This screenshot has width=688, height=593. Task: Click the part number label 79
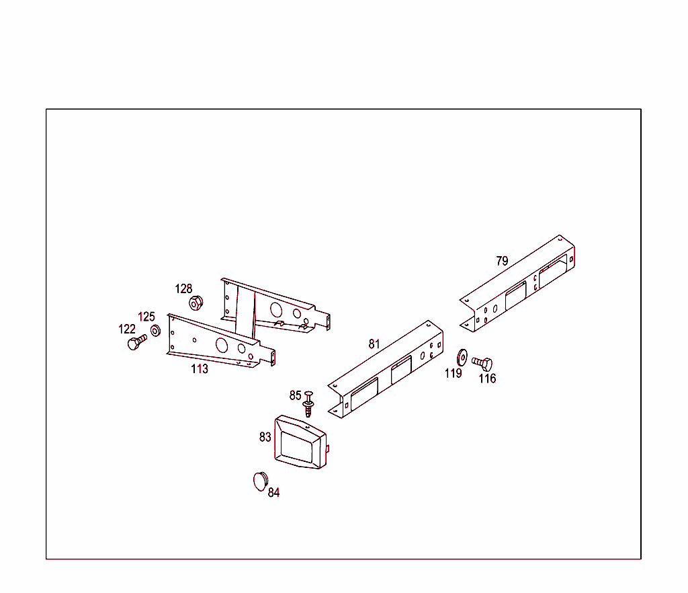pyautogui.click(x=502, y=261)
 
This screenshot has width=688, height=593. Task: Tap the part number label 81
pyautogui.click(x=374, y=344)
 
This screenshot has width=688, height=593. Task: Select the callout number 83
pyautogui.click(x=265, y=437)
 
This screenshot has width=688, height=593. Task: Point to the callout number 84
pyautogui.click(x=274, y=492)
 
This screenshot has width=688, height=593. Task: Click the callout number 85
pyautogui.click(x=296, y=395)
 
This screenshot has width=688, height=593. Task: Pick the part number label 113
pyautogui.click(x=200, y=368)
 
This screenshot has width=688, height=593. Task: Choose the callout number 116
pyautogui.click(x=487, y=379)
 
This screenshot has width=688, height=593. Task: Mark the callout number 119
pyautogui.click(x=454, y=373)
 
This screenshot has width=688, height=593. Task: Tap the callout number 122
pyautogui.click(x=127, y=329)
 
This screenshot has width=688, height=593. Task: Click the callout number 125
pyautogui.click(x=146, y=317)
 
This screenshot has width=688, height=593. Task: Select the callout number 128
pyautogui.click(x=184, y=288)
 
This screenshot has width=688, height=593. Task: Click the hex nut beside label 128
pyautogui.click(x=196, y=303)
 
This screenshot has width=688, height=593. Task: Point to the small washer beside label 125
pyautogui.click(x=155, y=331)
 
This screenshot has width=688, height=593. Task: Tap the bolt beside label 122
pyautogui.click(x=137, y=342)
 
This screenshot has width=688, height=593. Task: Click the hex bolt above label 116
pyautogui.click(x=482, y=364)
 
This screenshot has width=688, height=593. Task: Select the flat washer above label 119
pyautogui.click(x=462, y=357)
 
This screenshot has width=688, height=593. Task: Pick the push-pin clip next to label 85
pyautogui.click(x=308, y=404)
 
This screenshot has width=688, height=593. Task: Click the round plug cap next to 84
pyautogui.click(x=261, y=481)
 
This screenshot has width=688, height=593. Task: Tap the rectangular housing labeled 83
pyautogui.click(x=301, y=442)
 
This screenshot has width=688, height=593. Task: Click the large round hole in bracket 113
pyautogui.click(x=222, y=345)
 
